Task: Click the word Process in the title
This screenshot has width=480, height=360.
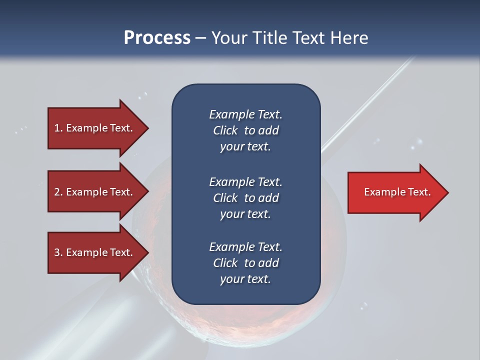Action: pos(157,37)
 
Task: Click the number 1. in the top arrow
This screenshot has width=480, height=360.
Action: pos(58,128)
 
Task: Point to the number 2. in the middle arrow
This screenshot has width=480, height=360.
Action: pos(58,192)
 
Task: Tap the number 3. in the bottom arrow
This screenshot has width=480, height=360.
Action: pos(58,252)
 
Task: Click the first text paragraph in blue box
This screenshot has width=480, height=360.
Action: pos(245,130)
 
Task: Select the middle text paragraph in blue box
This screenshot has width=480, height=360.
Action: pos(245,198)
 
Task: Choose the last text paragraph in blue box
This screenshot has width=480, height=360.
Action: pos(245,263)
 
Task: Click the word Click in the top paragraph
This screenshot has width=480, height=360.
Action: pos(225,130)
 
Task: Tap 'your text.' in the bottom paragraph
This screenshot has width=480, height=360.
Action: pos(245,279)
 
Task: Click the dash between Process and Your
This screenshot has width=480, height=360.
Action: pos(201,38)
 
